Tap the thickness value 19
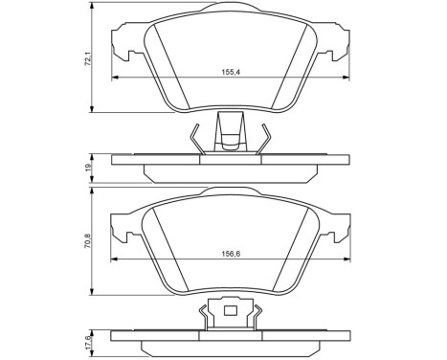(x=88, y=166)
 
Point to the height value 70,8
(x=88, y=242)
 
